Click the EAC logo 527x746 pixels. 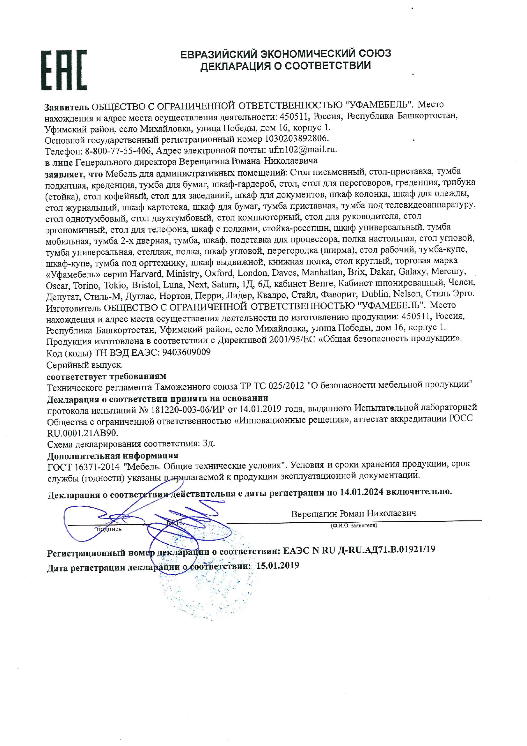pos(64,70)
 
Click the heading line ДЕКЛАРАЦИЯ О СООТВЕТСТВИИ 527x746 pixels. pos(285,66)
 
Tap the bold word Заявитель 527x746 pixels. pos(66,107)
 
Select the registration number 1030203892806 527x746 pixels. pos(296,139)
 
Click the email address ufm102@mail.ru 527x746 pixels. pos(303,150)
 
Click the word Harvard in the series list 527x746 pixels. pos(145,273)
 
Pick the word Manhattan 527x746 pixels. pos(322,272)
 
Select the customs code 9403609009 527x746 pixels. pos(186,352)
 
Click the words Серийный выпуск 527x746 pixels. pos(84,365)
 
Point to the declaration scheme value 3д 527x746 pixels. pos(209,444)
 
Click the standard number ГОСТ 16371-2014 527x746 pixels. pos(84,467)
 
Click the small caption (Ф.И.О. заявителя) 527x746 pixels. pos(354,526)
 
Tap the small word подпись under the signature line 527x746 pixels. pos(109,529)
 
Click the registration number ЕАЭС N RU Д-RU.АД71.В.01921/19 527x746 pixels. pos(359,550)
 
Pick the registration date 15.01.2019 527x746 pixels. pos(277,566)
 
